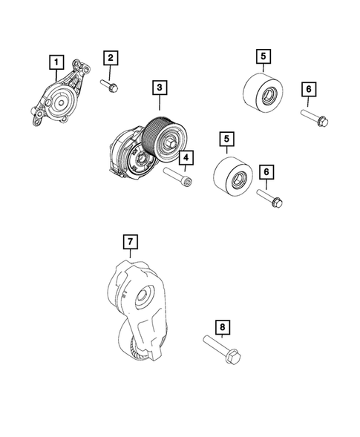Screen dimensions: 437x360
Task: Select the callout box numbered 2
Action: point(110,58)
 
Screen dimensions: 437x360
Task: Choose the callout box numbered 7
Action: point(129,241)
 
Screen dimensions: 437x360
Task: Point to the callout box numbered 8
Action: point(220,326)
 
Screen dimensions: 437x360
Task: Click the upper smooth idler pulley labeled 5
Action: point(263,96)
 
